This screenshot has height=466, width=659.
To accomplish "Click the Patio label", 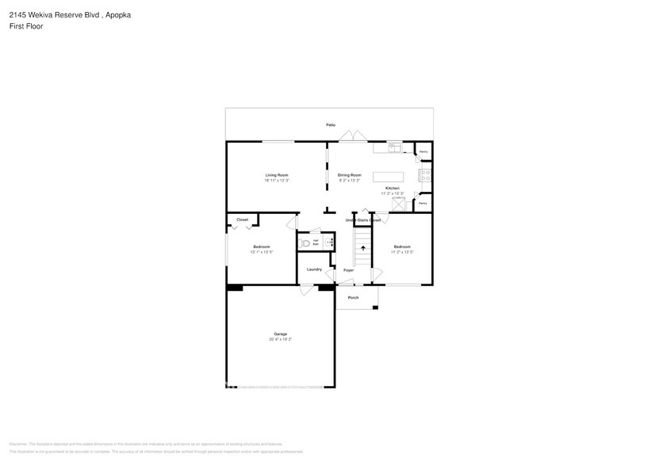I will point(330,125).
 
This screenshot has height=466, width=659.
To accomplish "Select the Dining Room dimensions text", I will point(350,181).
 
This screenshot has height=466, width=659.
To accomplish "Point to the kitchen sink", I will point(394,147).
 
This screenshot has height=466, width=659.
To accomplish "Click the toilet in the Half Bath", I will point(305,243).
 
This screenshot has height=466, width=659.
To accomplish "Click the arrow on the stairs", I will point(363,248).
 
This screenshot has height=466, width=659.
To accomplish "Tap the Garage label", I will point(281,334).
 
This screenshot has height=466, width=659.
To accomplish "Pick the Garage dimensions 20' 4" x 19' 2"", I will point(281,339).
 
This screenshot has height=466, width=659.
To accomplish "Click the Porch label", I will point(353,297).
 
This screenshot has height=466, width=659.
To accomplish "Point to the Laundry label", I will point(314,269).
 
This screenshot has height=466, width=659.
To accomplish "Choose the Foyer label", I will point(348,270).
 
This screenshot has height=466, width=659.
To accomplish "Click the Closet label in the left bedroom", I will point(242,220).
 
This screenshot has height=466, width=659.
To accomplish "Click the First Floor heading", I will point(26,26).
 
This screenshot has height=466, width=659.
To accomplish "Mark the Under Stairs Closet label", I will point(363,220).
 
